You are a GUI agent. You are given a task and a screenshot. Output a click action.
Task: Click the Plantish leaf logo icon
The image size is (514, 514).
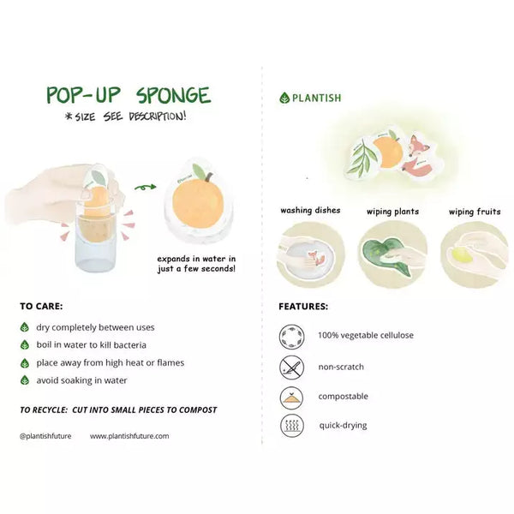click(x=284, y=98)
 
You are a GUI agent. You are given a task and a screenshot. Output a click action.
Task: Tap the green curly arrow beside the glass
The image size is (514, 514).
click(x=146, y=187)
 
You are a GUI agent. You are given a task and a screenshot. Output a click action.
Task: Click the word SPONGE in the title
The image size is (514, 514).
click(x=173, y=95)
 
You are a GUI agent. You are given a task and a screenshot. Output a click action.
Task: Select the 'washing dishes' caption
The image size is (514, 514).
click(x=310, y=210)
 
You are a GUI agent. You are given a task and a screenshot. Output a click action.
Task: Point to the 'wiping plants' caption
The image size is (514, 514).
click(x=392, y=212)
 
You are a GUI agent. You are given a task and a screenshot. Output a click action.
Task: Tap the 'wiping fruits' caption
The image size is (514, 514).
click(x=475, y=212)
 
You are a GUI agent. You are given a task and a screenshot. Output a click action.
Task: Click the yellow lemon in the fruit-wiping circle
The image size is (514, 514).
click(x=463, y=254)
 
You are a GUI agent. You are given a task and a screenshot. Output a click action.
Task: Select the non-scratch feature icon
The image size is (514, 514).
click(x=292, y=368)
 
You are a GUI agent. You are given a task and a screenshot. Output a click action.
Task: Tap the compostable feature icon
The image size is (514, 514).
click(x=292, y=397)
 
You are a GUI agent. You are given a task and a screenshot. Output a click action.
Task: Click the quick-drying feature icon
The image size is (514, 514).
click(x=292, y=426)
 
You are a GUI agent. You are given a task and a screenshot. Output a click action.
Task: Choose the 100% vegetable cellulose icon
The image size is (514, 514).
click(x=292, y=337)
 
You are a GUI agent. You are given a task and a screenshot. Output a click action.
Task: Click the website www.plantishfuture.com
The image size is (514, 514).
click(x=129, y=436)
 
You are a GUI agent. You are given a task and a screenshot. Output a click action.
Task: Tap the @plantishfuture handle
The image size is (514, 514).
click(x=45, y=436)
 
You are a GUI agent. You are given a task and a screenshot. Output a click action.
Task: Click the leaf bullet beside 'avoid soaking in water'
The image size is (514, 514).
click(x=25, y=380)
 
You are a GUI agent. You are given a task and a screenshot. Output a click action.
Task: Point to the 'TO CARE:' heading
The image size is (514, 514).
click(x=41, y=306)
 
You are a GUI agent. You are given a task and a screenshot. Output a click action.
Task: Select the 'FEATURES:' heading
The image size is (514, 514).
click(x=303, y=307)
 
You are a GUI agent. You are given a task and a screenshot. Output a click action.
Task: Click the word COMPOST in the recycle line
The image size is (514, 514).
click(x=198, y=409)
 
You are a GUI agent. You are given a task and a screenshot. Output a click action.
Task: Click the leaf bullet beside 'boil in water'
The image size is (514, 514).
click(x=25, y=345)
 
